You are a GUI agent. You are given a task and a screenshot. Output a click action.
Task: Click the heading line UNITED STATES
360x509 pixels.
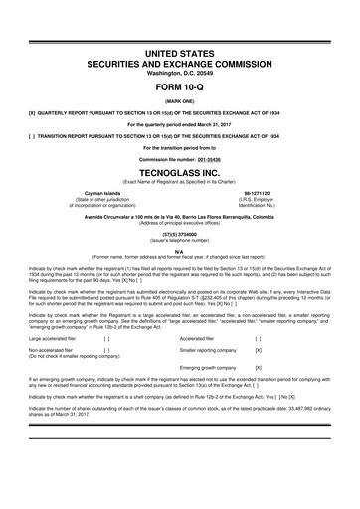coord(179,50)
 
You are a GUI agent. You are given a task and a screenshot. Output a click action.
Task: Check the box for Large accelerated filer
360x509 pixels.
coord(106,339)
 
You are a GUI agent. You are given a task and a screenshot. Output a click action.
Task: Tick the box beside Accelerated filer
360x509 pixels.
coord(259,339)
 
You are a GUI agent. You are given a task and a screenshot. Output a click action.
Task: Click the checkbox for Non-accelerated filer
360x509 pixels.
coord(106,351)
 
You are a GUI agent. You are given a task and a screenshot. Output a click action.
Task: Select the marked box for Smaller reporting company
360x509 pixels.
coord(259,351)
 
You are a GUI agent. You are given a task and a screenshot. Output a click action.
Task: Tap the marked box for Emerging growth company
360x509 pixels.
coord(259,369)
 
